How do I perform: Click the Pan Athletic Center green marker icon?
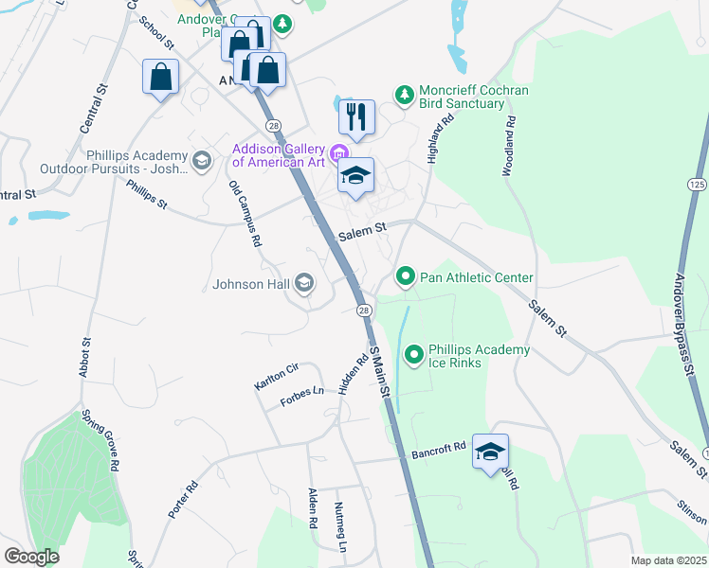pyautogui.click(x=406, y=277)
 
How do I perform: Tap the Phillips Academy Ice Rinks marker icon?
pyautogui.click(x=414, y=356)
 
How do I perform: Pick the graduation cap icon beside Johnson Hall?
pyautogui.click(x=304, y=283)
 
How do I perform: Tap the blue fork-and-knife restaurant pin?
pyautogui.click(x=356, y=118)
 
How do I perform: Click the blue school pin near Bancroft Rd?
pyautogui.click(x=490, y=453)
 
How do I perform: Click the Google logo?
pyautogui.click(x=31, y=556)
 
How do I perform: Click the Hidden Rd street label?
pyautogui.click(x=352, y=376)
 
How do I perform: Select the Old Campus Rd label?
pyautogui.click(x=245, y=214)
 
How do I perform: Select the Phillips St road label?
pyautogui.click(x=146, y=192)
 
